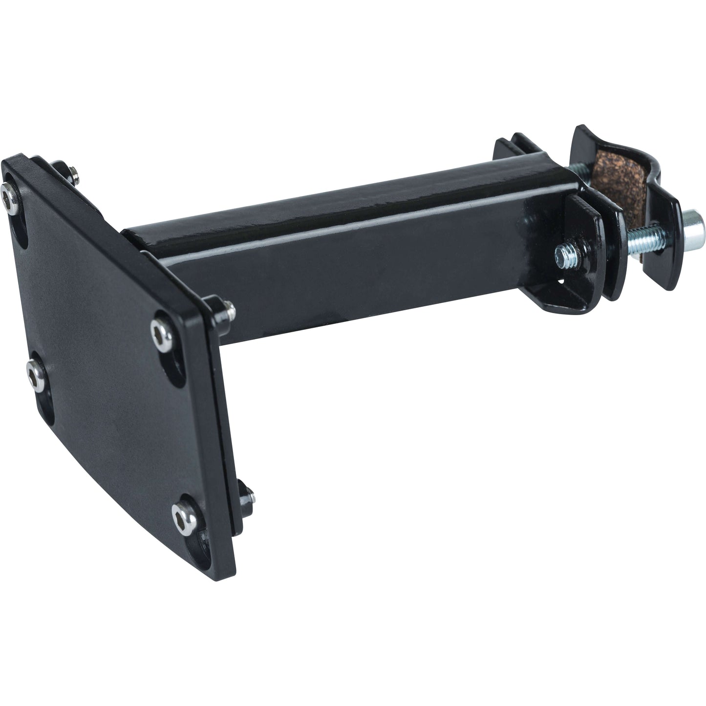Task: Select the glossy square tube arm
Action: [342, 254]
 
